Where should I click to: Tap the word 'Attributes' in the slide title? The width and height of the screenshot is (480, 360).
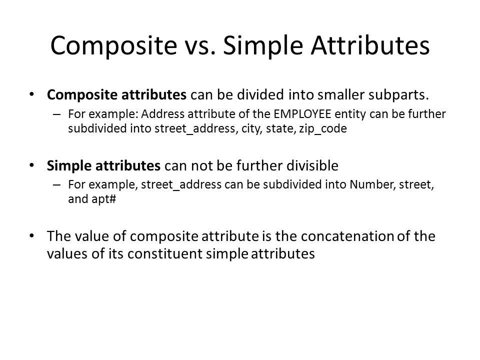pos(370,45)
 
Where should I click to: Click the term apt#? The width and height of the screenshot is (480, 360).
pos(104,199)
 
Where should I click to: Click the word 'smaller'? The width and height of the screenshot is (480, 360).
pos(340,95)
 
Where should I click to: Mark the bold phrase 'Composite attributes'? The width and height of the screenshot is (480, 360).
pos(116,95)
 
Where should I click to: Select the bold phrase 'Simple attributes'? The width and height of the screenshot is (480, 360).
pos(103,166)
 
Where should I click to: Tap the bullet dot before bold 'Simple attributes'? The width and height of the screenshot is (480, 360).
pos(31,165)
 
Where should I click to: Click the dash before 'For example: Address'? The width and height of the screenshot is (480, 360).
pos(56,114)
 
